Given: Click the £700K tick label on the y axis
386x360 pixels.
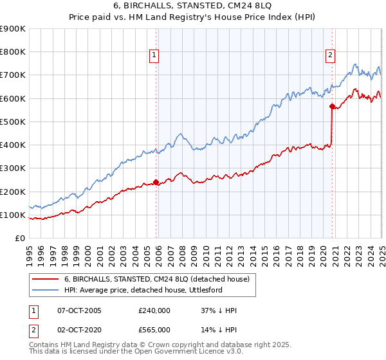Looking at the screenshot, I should pos(13,75).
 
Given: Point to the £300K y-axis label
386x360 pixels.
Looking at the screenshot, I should pos(13,168).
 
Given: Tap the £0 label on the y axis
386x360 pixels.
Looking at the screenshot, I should pos(19,239).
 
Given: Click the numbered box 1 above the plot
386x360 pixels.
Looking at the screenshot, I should pos(156,56).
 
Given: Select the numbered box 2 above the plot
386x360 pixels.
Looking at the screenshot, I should pos(330,56).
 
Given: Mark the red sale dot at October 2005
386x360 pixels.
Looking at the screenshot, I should pos(156,182).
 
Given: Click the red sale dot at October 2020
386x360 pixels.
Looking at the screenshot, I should pos(332,106).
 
